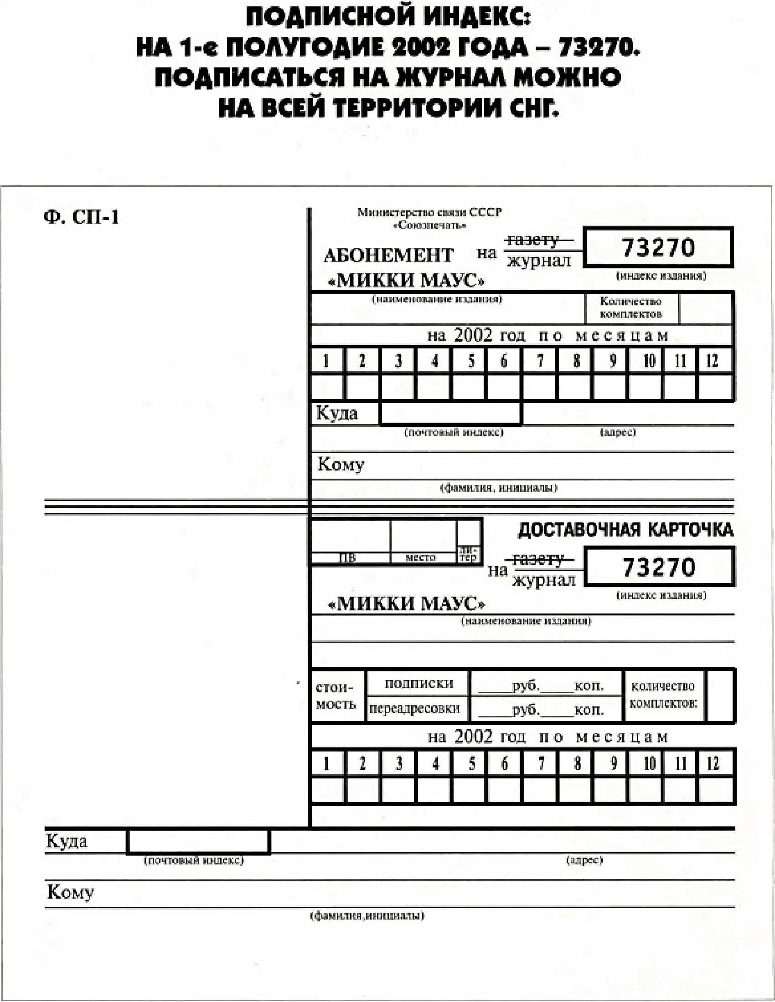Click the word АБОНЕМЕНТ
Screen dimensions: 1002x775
[x=388, y=255]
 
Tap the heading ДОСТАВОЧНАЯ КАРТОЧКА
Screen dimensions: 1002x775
[x=625, y=530]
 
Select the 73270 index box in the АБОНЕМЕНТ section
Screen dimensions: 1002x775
[x=658, y=247]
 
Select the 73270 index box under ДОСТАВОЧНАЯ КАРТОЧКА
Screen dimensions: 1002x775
[x=659, y=567]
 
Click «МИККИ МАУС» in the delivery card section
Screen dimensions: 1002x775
[x=406, y=603]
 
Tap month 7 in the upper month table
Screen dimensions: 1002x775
[x=540, y=361]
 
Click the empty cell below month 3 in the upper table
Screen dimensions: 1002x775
[x=398, y=387]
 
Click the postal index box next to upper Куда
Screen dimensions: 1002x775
[x=451, y=413]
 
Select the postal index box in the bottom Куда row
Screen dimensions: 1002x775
[x=198, y=842]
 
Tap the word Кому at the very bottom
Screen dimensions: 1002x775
[x=70, y=892]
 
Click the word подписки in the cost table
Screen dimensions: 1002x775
[x=418, y=684]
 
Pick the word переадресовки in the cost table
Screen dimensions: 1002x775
[x=414, y=708]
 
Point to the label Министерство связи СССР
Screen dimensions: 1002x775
[x=429, y=212]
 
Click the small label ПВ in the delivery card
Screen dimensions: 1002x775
[x=347, y=558]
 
